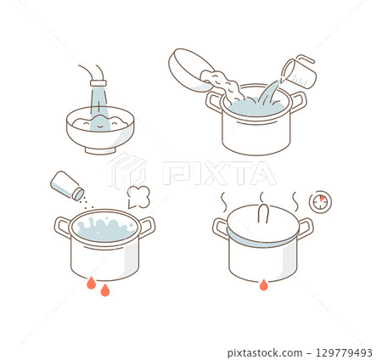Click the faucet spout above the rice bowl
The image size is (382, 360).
[x=98, y=84]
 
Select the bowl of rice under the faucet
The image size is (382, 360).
[x=100, y=131]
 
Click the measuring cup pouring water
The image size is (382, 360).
[x=299, y=73]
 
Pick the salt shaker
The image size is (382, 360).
[x=66, y=185]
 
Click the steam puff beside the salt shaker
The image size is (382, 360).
[x=138, y=197]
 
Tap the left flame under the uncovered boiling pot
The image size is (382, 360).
[x=91, y=283]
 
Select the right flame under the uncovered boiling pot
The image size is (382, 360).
[x=105, y=290]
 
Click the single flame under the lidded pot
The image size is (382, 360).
[x=264, y=284]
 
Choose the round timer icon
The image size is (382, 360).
[x=320, y=202]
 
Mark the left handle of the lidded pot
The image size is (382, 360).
[x=220, y=228]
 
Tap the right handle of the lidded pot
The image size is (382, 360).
[x=306, y=228]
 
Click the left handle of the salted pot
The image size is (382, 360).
[x=62, y=226]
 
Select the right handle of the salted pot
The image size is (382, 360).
[x=147, y=226]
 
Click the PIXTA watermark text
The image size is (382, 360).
[x=218, y=173]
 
